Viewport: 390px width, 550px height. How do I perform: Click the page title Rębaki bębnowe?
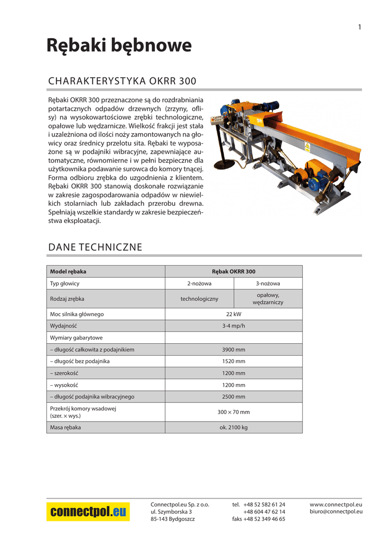click(x=119, y=46)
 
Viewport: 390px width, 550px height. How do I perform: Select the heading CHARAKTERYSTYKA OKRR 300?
click(x=122, y=81)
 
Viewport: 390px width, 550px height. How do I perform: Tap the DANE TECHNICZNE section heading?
click(x=95, y=247)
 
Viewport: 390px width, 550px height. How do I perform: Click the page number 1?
click(x=359, y=27)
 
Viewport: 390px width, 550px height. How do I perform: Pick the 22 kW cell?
click(x=233, y=314)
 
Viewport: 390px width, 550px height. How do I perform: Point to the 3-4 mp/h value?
click(x=233, y=326)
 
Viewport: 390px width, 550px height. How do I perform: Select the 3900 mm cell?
click(x=233, y=350)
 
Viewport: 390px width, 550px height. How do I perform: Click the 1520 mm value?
click(x=233, y=361)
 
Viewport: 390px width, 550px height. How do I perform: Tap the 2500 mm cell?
click(x=233, y=397)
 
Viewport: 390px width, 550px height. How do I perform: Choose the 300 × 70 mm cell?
click(x=233, y=412)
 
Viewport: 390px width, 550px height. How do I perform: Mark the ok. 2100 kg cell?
click(x=233, y=428)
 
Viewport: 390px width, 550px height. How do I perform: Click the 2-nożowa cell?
click(x=199, y=284)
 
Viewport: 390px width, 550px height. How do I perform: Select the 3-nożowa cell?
click(x=268, y=284)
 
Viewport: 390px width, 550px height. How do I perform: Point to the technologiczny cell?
click(x=199, y=299)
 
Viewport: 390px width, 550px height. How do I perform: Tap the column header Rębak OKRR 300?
click(x=233, y=272)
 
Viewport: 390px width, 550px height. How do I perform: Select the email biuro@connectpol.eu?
click(x=336, y=512)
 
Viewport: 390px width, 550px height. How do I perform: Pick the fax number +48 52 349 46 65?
click(x=264, y=519)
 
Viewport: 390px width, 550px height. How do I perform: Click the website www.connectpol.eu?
click(x=336, y=505)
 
